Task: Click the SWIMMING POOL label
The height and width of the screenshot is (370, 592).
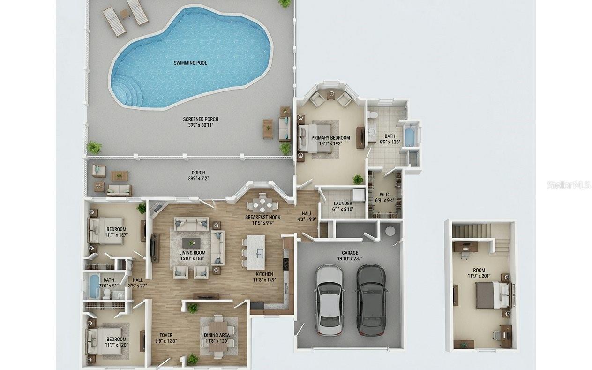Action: [190, 62]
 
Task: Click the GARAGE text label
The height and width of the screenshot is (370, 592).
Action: [350, 253]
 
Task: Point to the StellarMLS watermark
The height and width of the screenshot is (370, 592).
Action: [569, 185]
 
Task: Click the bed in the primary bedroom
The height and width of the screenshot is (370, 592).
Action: [315, 137]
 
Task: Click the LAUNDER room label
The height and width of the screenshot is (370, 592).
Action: [342, 204]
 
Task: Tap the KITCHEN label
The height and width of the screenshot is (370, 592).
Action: [264, 274]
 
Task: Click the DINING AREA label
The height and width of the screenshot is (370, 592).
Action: [217, 335]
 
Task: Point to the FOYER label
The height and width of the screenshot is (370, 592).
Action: [166, 335]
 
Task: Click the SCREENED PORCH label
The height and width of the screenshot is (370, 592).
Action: [201, 119]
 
